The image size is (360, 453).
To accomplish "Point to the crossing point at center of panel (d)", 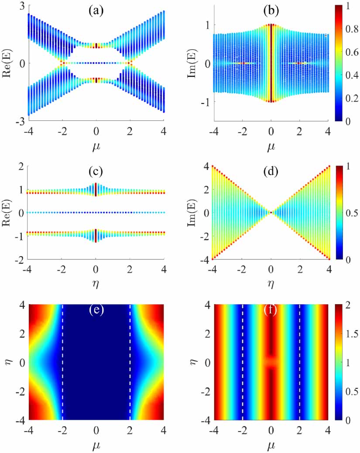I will [x=271, y=213].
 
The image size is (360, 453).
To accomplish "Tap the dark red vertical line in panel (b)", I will [x=271, y=63].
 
